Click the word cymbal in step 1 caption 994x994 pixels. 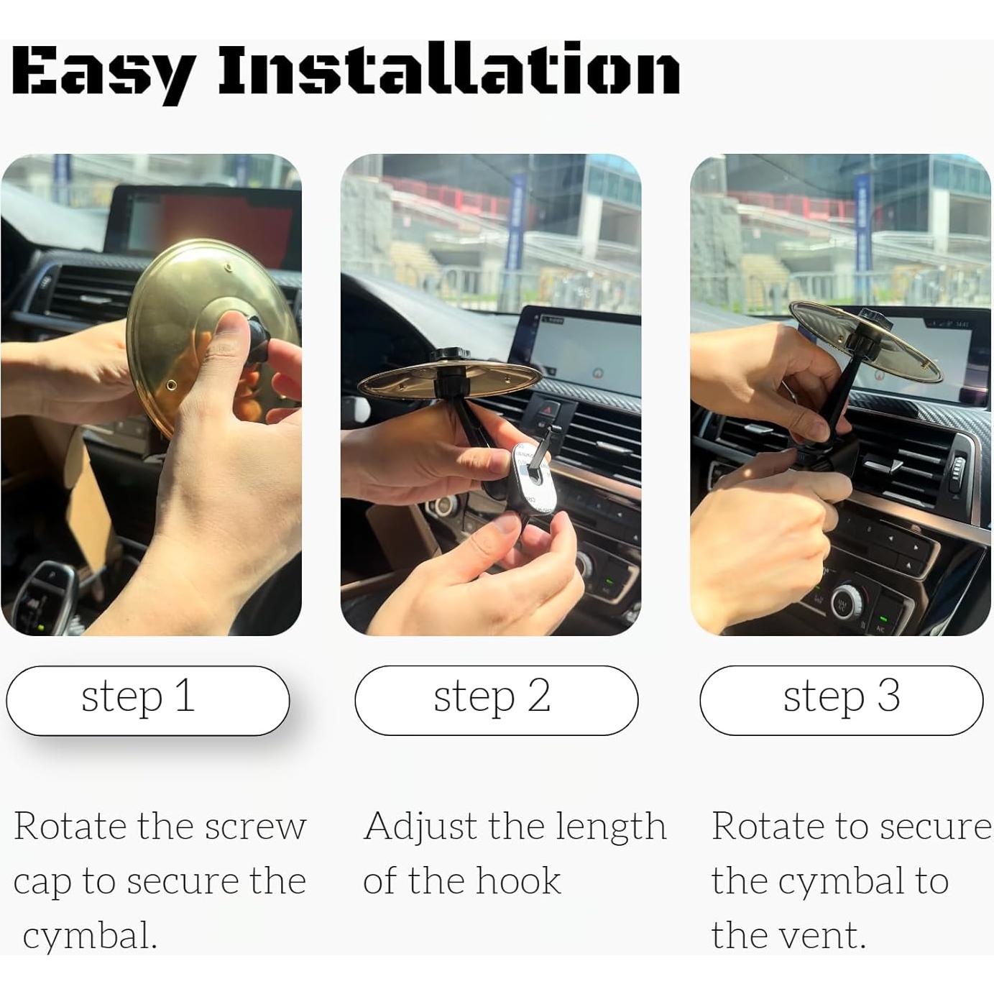(x=90, y=936)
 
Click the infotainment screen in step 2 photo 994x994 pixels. (x=582, y=352)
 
